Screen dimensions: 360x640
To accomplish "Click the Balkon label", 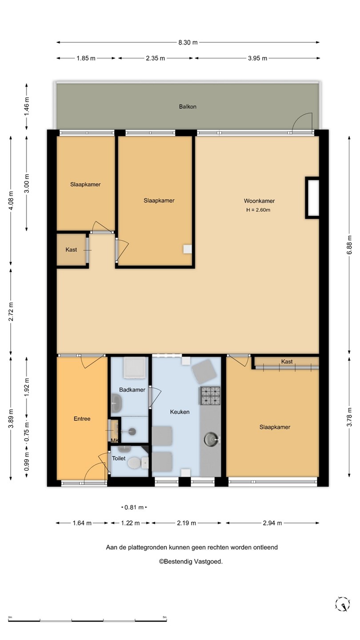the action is point(188,107).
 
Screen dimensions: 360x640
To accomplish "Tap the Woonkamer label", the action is point(259,201).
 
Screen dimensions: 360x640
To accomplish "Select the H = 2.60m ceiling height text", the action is point(258,210).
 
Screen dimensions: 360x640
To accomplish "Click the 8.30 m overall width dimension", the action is point(188,43).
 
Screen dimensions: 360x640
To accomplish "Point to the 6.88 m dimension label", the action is point(349,244).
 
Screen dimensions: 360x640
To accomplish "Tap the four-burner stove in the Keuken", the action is point(211,396).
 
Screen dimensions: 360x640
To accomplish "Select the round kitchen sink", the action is point(211,439).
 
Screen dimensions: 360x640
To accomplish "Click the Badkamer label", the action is point(132,390).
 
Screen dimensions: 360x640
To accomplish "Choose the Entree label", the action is point(82,419).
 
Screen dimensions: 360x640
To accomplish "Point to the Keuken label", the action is point(180,412).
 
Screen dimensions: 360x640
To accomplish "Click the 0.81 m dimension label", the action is point(134,508).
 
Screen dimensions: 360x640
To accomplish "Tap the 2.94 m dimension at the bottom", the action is point(272,523).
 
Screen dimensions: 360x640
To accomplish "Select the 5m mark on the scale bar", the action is point(164,617).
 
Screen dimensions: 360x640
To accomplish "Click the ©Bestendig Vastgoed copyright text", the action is point(191,561).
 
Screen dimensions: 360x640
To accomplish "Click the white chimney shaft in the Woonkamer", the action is point(312,198).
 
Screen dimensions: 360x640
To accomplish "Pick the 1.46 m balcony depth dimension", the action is point(27,107).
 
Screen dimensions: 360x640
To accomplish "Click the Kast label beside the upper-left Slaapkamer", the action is point(71,250).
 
